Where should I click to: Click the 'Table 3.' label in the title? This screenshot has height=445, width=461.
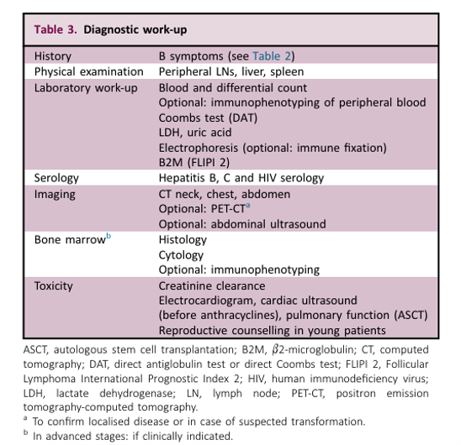[x=56, y=29]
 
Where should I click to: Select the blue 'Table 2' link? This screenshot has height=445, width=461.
[x=272, y=55]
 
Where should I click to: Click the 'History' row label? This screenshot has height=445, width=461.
[x=53, y=56]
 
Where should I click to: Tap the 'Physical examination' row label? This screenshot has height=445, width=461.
[x=89, y=71]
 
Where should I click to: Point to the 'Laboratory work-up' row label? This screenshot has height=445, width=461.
[x=86, y=88]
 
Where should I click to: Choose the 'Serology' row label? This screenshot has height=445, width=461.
[x=56, y=178]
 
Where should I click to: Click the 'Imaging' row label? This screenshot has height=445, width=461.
[x=55, y=194]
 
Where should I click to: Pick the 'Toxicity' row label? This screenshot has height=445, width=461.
[x=54, y=286]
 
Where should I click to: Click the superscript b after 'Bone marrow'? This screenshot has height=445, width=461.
[x=109, y=236]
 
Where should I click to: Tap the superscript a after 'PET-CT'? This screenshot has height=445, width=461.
[x=248, y=205]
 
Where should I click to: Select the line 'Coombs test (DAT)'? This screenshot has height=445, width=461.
[x=208, y=118]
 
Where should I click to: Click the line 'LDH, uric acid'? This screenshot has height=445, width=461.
[x=195, y=133]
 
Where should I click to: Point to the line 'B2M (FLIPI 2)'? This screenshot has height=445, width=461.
[x=194, y=162]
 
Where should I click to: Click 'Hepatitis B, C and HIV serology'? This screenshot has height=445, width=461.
[x=241, y=178]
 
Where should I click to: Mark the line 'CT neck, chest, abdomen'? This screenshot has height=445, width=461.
[x=225, y=194]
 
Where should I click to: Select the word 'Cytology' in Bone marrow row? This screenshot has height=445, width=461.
[x=181, y=255]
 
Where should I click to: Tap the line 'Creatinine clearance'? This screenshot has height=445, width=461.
[x=212, y=286]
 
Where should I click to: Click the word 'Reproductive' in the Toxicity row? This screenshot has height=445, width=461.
[x=193, y=331]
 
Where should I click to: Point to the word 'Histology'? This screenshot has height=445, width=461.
[x=183, y=240]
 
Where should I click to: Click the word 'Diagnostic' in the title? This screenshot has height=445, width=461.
[x=111, y=29]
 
